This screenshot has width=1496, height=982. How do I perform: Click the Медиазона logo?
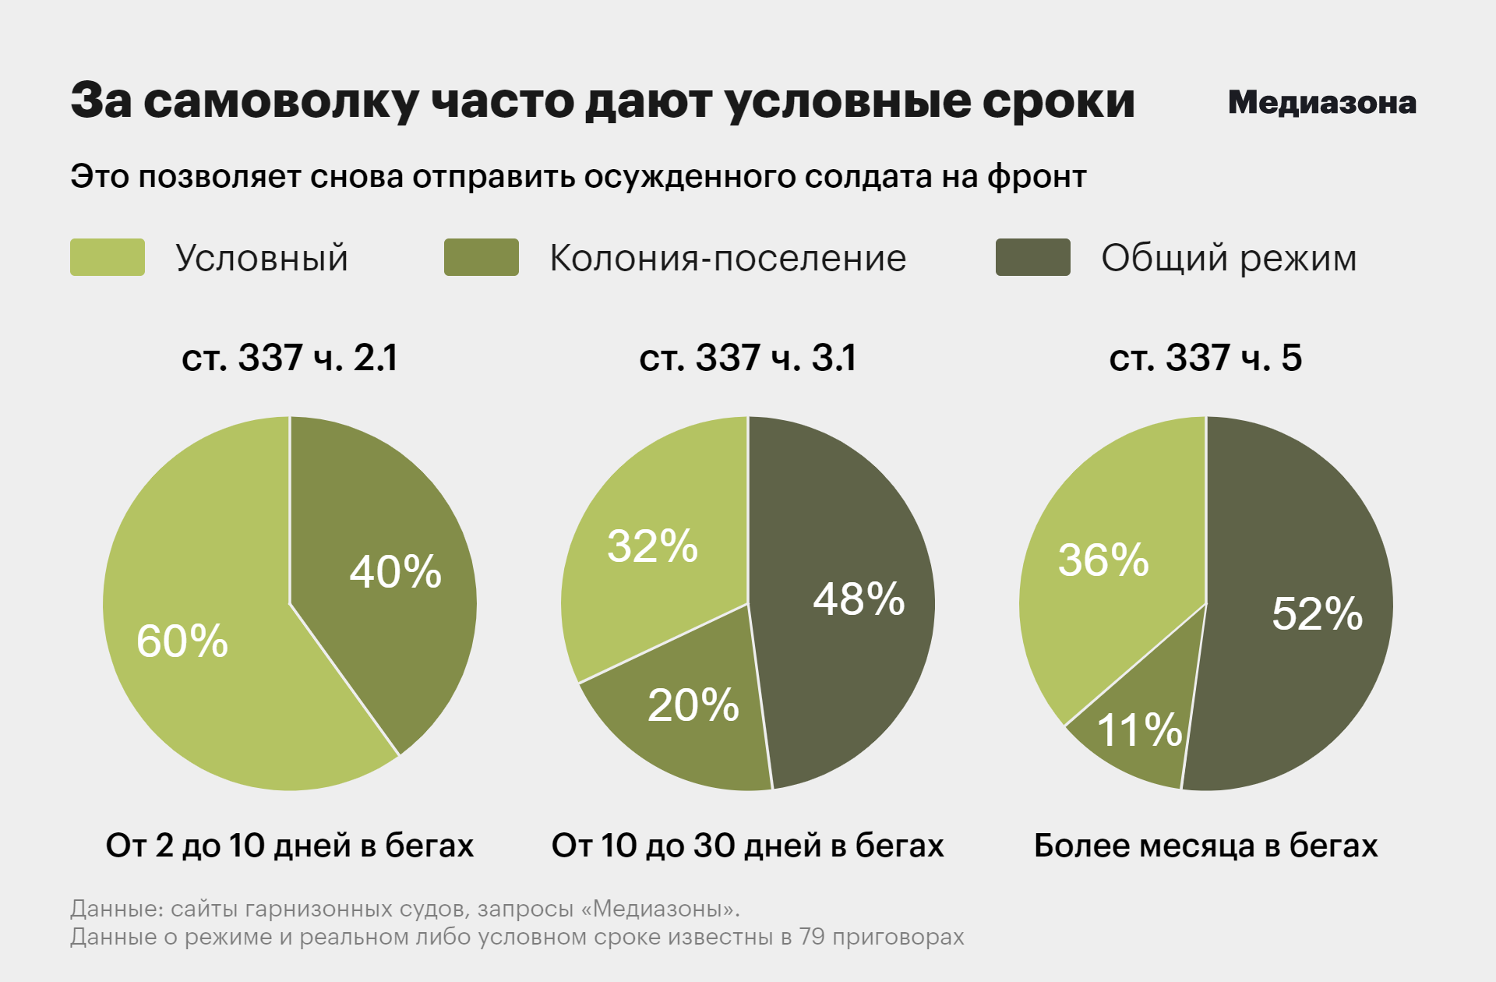click(x=1321, y=103)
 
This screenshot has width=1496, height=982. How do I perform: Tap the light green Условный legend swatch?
click(x=108, y=257)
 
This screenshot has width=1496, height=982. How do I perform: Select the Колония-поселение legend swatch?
click(x=481, y=257)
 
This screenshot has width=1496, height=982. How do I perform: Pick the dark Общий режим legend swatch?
click(x=1032, y=257)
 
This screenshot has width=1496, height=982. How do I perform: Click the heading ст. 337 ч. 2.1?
click(x=290, y=359)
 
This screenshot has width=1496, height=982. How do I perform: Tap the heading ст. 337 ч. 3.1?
click(x=747, y=359)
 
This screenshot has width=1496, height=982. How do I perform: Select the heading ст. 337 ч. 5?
click(x=1205, y=359)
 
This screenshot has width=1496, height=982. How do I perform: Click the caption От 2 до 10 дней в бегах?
click(x=290, y=846)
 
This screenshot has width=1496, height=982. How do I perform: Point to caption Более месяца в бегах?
click(x=1205, y=846)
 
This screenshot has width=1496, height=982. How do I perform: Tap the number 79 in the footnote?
click(x=812, y=937)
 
